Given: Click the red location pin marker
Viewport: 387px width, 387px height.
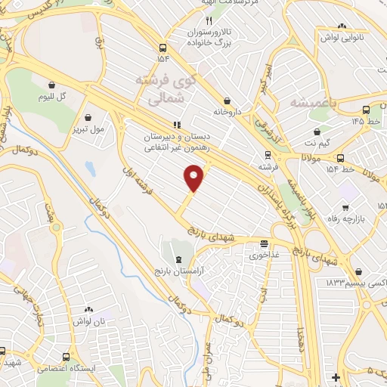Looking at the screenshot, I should tap(195, 178).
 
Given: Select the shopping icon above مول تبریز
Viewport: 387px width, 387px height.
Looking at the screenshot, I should tap(90, 117).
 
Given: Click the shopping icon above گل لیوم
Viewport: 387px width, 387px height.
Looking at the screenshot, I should tap(52, 85).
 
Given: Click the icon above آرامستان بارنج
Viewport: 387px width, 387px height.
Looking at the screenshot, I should tap(178, 260).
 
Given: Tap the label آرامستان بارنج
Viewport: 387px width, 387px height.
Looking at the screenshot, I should tap(179, 271).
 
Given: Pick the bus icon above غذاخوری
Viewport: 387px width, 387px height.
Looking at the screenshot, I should tap(264, 244).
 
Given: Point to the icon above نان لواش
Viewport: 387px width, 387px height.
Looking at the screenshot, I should tap(88, 310).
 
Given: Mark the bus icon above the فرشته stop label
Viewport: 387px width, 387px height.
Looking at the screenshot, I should tap(265, 154).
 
